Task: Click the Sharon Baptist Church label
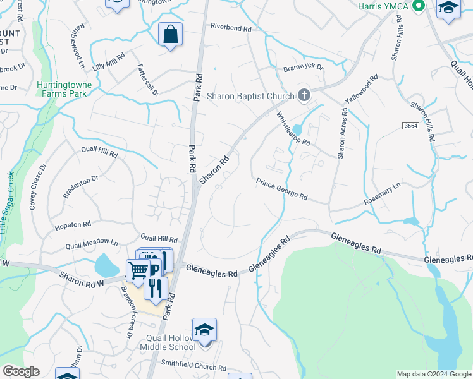tap(251, 97)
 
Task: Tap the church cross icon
tap(304, 95)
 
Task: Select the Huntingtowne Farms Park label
tap(64, 90)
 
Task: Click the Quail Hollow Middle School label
tap(170, 342)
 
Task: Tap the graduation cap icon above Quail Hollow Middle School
tap(204, 330)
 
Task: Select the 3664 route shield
tap(410, 126)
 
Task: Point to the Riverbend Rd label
tap(231, 29)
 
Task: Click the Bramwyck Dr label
tap(303, 67)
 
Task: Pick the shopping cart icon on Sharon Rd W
tap(138, 270)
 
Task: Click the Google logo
tap(20, 371)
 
